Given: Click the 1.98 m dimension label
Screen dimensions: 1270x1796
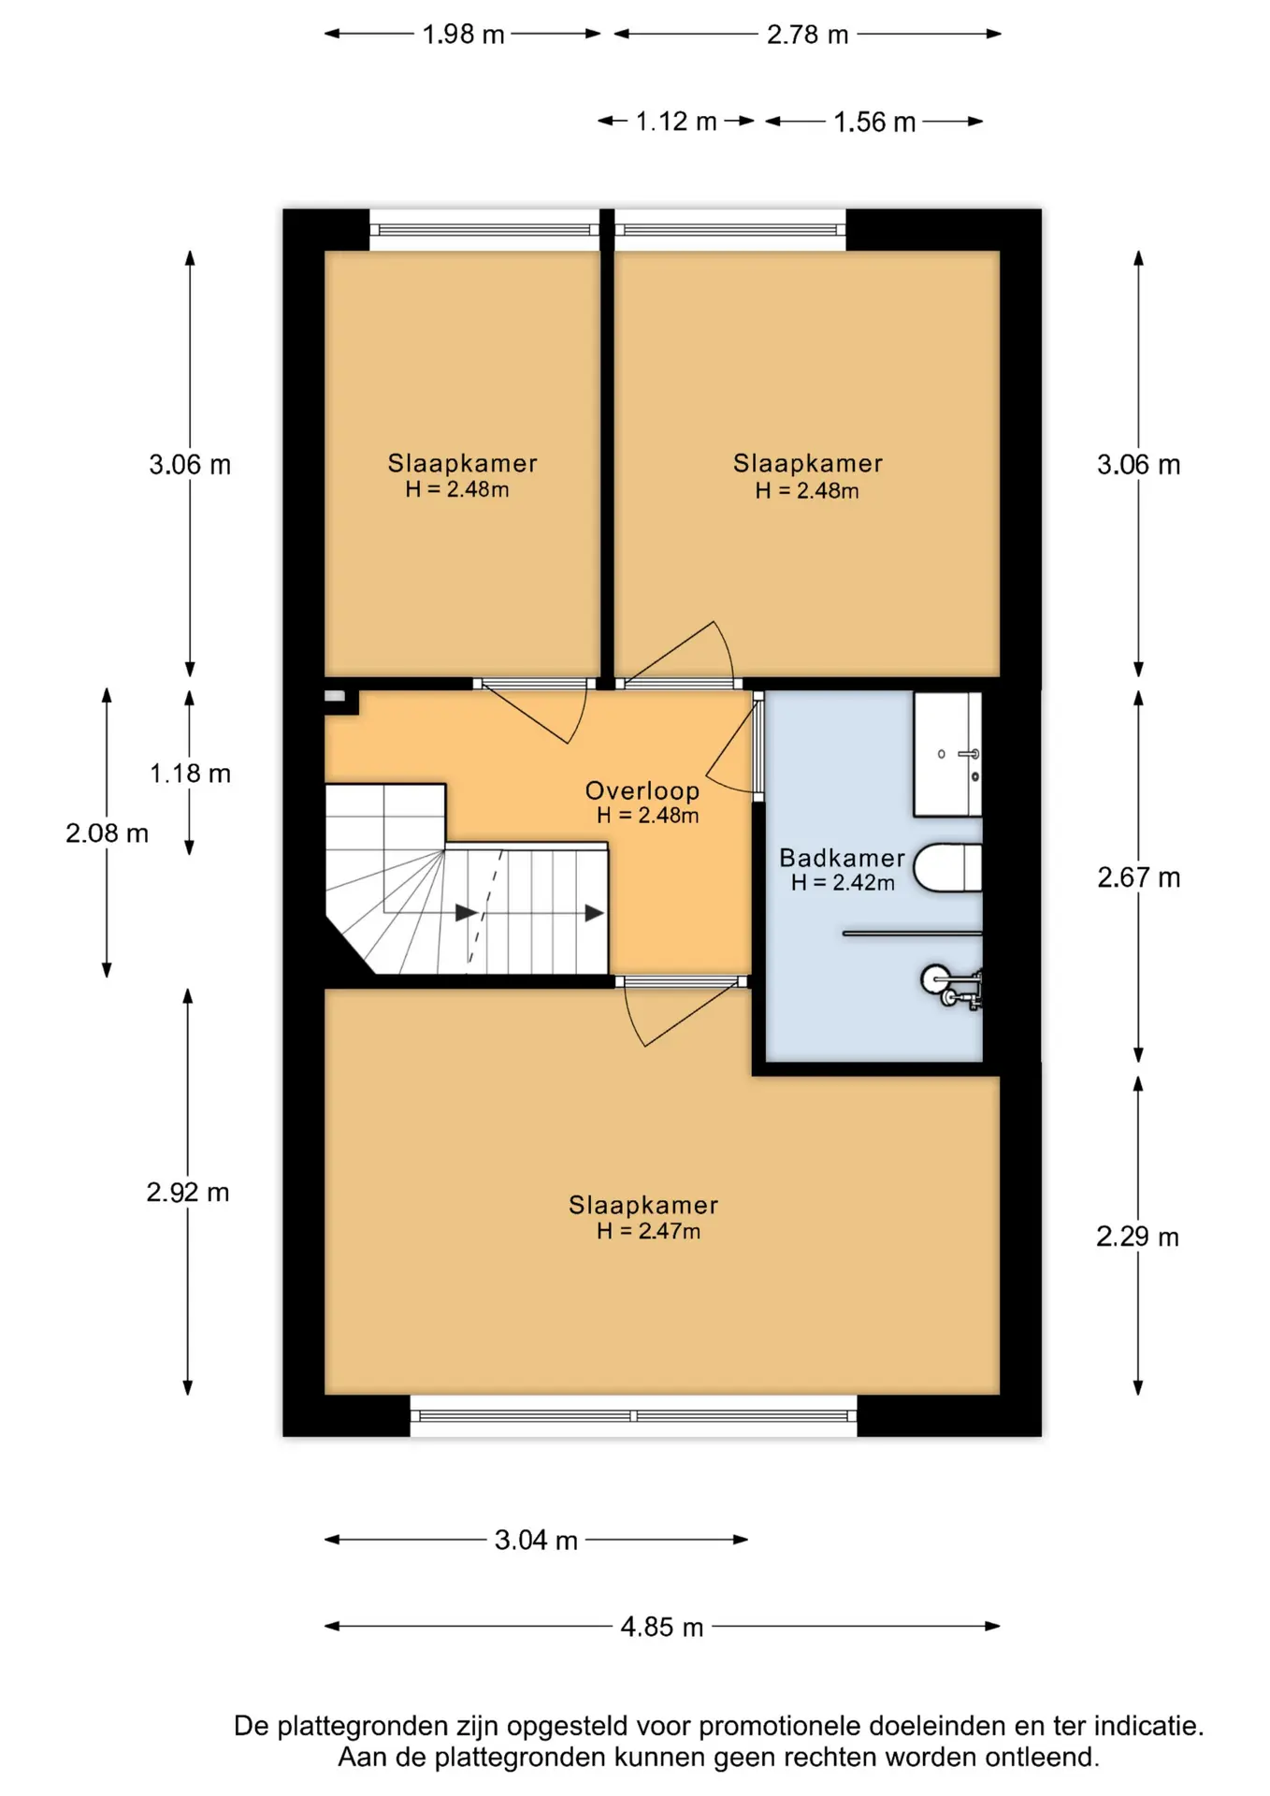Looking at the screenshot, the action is click(463, 35).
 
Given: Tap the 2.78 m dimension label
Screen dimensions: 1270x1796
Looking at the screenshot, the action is click(807, 35).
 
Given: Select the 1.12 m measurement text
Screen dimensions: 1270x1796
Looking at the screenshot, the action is click(676, 122).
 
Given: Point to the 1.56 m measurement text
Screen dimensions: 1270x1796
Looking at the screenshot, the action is click(874, 123).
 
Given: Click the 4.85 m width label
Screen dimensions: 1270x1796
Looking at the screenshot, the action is click(661, 1627).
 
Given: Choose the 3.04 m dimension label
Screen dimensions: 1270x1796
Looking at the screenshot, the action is click(536, 1541).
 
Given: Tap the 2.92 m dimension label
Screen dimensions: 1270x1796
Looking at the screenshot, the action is click(188, 1193).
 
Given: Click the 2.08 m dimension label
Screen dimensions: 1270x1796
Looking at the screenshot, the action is click(107, 833).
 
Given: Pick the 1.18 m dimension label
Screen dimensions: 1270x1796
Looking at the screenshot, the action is click(190, 774).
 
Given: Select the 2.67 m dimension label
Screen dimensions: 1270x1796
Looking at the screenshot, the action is click(1138, 877).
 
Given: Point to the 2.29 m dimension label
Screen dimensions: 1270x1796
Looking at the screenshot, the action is click(1137, 1237).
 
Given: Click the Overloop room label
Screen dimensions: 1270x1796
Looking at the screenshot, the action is click(642, 790).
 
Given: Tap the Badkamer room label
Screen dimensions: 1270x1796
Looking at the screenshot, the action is click(842, 858).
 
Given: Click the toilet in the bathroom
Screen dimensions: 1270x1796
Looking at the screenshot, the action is click(947, 868).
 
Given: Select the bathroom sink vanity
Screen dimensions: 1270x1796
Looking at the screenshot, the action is click(947, 754).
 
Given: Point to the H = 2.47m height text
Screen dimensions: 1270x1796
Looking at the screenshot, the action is click(648, 1232).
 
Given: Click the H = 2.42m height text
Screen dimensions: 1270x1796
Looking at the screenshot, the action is click(843, 883).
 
